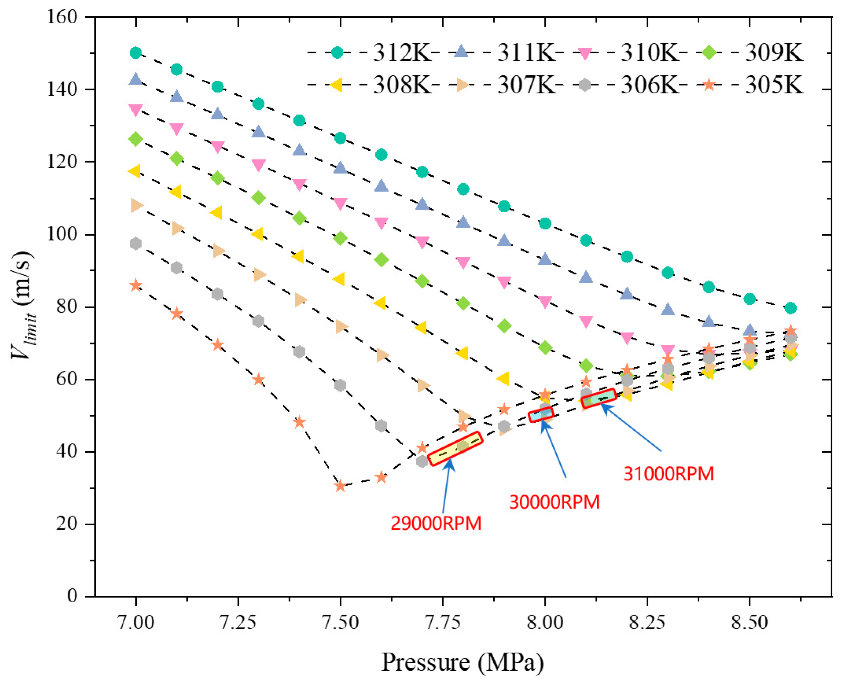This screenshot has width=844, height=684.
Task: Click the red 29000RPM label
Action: tap(436, 524)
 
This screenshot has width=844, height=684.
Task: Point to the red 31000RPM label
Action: tap(669, 474)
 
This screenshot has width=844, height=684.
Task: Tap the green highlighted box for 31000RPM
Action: tap(599, 398)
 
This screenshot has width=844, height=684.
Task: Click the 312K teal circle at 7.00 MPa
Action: tap(135, 52)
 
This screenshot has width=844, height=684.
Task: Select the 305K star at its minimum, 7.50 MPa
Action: tap(340, 486)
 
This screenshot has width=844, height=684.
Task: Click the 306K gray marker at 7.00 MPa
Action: tap(135, 243)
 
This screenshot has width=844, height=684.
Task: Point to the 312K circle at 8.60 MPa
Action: tap(790, 308)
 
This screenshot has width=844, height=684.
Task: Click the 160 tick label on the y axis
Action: tap(62, 17)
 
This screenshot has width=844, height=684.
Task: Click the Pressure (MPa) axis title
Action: tap(463, 662)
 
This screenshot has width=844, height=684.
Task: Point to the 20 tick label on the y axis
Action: tap(67, 524)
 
